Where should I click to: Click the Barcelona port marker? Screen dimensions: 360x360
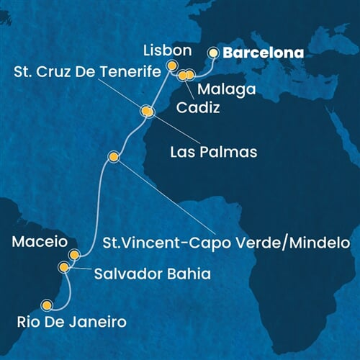213,53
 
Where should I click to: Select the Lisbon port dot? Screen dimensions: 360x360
173,66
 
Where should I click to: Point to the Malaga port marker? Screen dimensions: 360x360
191,74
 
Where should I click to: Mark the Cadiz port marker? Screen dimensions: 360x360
183,74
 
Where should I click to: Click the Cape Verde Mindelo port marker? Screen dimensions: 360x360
113,156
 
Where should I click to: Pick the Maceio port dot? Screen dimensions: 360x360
74,254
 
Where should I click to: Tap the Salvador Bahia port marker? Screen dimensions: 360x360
64,268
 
